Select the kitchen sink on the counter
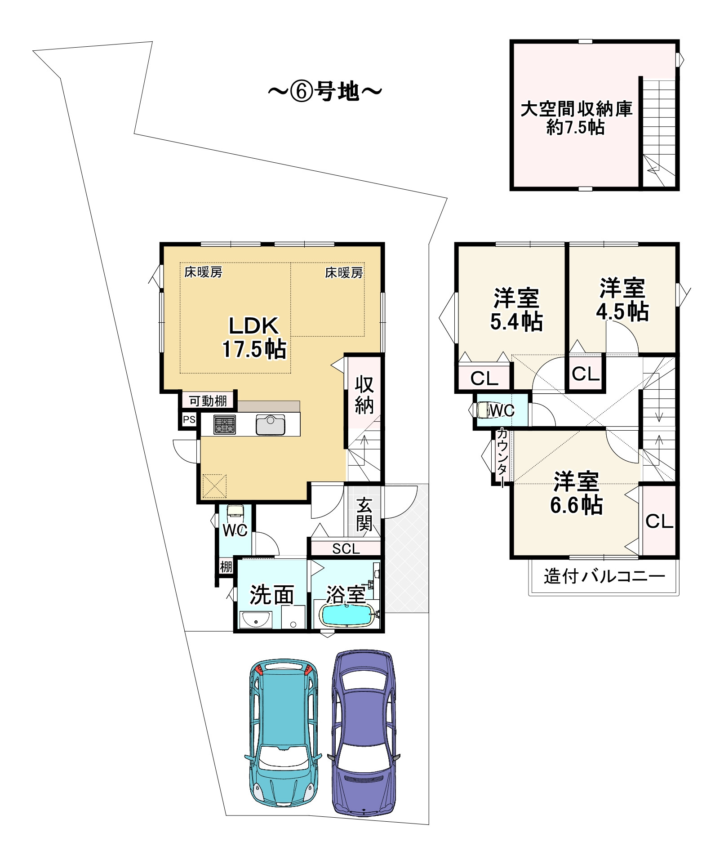[271, 425]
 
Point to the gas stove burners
[225, 425]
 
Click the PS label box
[189, 419]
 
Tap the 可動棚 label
[208, 400]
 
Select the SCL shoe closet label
[346, 548]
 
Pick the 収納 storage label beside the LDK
[364, 395]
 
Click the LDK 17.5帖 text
[254, 337]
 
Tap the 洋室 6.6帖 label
[577, 493]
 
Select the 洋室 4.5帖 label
[622, 299]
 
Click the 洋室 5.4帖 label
[516, 309]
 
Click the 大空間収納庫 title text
[577, 109]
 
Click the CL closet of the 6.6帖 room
[659, 521]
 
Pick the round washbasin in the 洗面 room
[256, 620]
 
